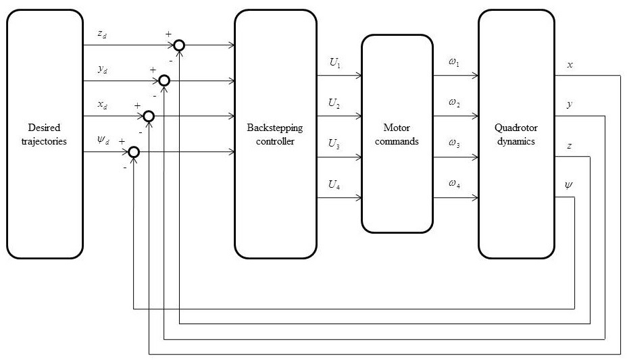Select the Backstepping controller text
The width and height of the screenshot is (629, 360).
click(275, 134)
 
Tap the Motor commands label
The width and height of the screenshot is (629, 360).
click(397, 134)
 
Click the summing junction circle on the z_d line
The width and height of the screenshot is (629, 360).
click(179, 45)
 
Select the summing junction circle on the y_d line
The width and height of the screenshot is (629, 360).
click(164, 81)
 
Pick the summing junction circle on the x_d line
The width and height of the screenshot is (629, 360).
click(149, 116)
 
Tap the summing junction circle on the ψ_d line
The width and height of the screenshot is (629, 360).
click(134, 152)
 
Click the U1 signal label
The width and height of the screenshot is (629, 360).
click(335, 63)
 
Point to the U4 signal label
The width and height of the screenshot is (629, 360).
click(335, 184)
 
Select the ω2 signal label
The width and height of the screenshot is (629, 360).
click(453, 103)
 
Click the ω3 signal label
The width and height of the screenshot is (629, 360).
click(453, 144)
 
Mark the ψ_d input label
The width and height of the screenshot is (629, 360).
click(103, 141)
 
